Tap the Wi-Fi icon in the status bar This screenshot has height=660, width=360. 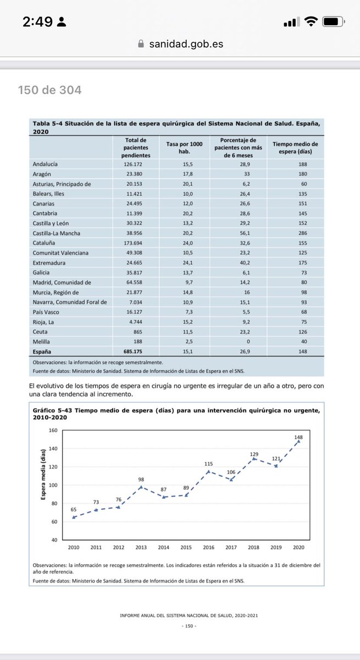[x=311, y=22]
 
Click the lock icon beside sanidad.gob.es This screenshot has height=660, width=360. [x=140, y=44]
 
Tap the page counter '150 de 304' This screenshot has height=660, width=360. [x=49, y=90]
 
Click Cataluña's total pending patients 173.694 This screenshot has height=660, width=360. [x=135, y=243]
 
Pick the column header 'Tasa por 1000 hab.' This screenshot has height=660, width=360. [x=184, y=147]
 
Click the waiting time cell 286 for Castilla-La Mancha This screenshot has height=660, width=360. [x=303, y=233]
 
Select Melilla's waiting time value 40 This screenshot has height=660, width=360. [x=303, y=342]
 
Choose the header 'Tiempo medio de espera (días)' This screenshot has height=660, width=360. [x=303, y=147]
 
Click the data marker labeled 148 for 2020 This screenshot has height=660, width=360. [x=298, y=441]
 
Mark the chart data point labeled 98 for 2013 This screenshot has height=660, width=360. [x=141, y=487]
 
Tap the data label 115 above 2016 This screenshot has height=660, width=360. [x=208, y=464]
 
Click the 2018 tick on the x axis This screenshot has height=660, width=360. [x=253, y=547]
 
